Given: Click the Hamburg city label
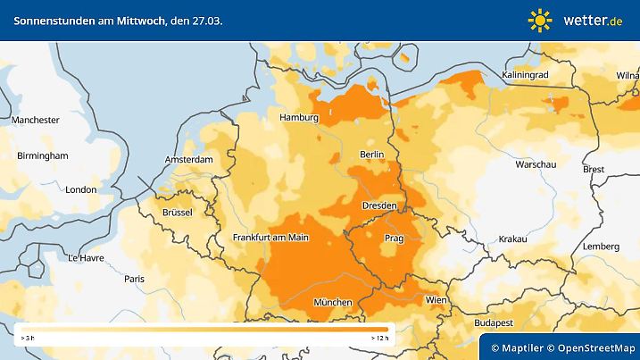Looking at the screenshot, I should coord(299,117).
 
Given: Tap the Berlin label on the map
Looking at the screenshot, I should coord(371,155).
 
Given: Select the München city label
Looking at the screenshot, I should coord(333,303).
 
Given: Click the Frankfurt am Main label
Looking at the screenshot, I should coord(270,237).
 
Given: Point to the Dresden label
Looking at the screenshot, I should coord(378,205).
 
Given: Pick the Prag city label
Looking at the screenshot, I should coord(395,239).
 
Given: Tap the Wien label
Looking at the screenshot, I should coord(436,299).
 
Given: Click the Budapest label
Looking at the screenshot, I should coord(492,321).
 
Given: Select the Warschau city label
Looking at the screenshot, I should coord(536,165).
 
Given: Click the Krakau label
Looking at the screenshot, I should coord(513,239).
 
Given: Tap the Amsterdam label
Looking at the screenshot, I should coord(189,160).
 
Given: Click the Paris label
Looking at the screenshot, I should coord(135,279).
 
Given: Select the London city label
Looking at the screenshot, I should coord(80,189).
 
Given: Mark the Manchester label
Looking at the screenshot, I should coord(36,120).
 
